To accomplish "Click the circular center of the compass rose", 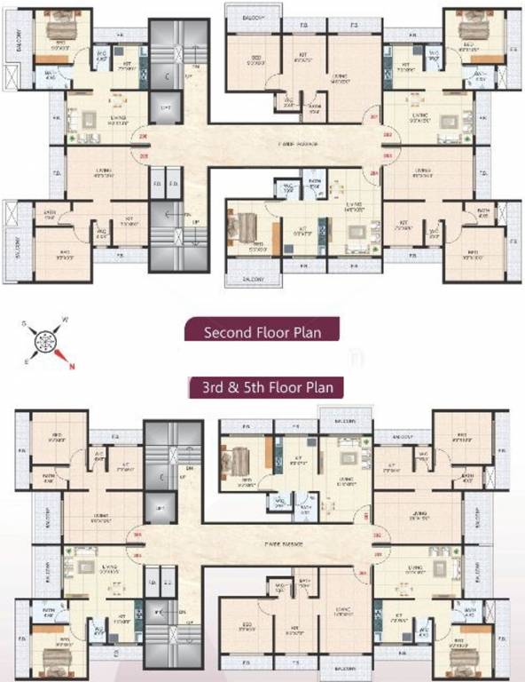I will click(x=44, y=341).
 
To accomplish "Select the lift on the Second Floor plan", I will click(x=165, y=109).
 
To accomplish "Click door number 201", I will click(x=374, y=115).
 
